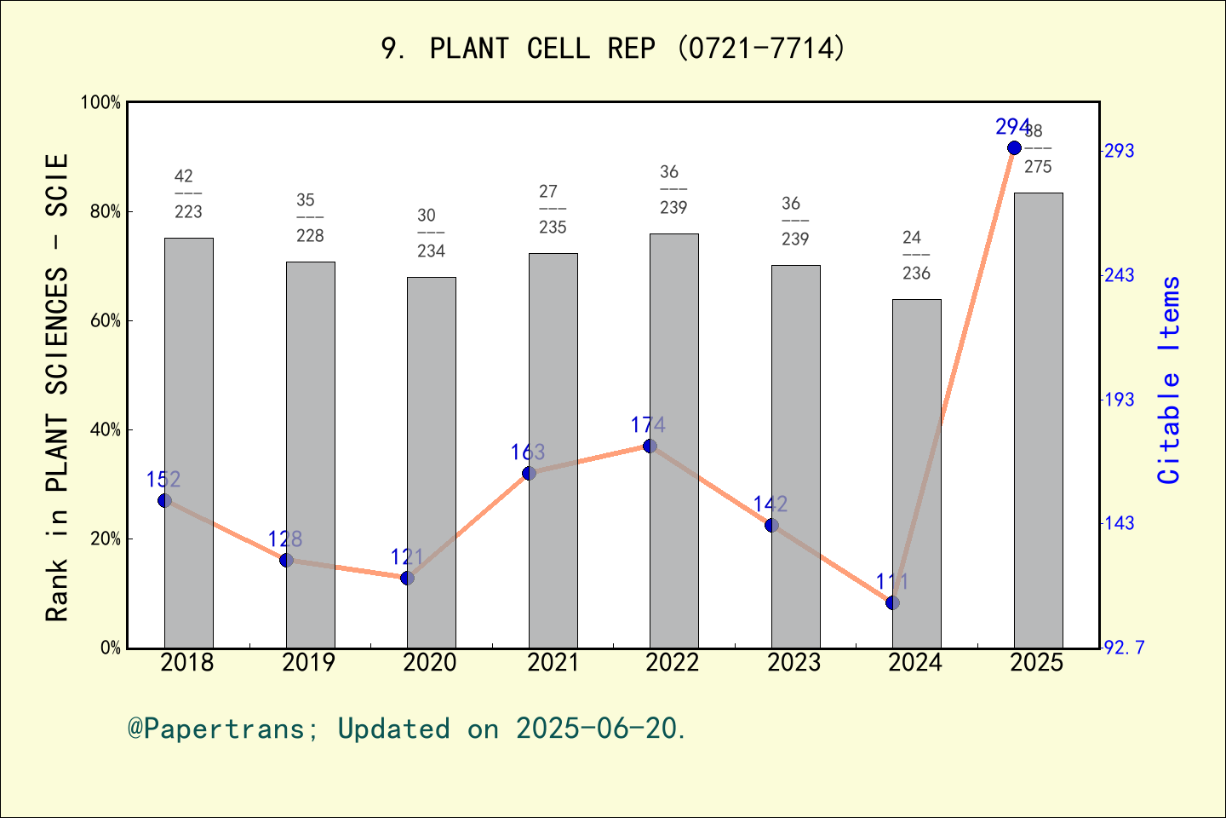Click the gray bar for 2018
pyautogui.click(x=189, y=443)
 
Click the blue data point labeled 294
pyautogui.click(x=1014, y=148)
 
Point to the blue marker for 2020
pyautogui.click(x=408, y=578)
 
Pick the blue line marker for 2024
pyautogui.click(x=892, y=602)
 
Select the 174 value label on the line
pyautogui.click(x=648, y=424)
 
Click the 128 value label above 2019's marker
pyautogui.click(x=285, y=539)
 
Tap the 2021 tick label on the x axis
pyautogui.click(x=553, y=663)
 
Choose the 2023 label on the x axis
pyautogui.click(x=794, y=663)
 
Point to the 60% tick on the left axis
pyautogui.click(x=106, y=321)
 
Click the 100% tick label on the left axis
pyautogui.click(x=100, y=103)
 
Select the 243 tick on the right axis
pyautogui.click(x=1119, y=276)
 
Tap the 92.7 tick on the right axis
pyautogui.click(x=1124, y=648)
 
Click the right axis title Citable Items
pyautogui.click(x=1170, y=380)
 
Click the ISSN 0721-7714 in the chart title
pyautogui.click(x=762, y=49)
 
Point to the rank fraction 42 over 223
pyautogui.click(x=188, y=194)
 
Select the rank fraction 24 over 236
pyautogui.click(x=916, y=256)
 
